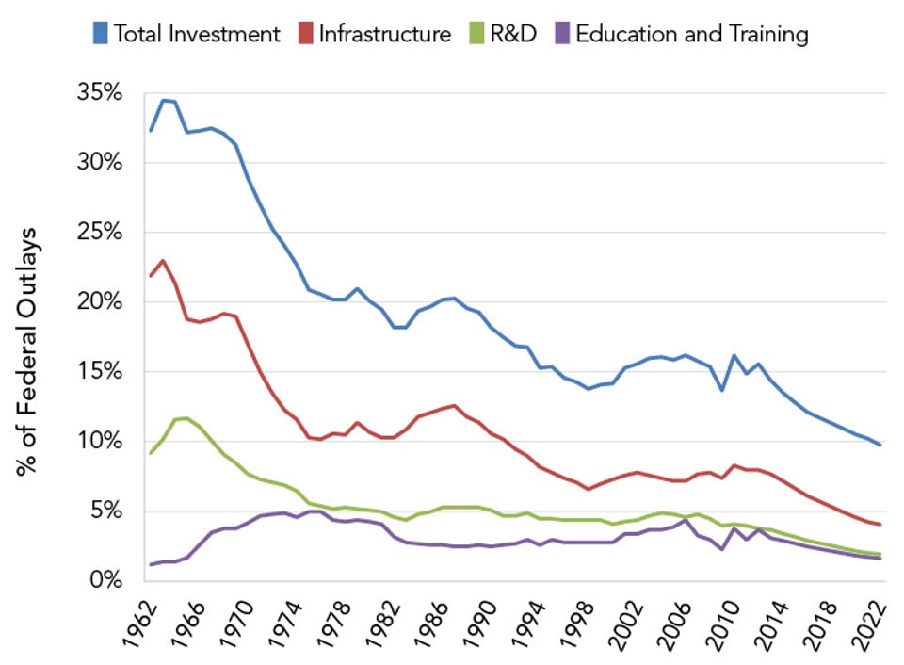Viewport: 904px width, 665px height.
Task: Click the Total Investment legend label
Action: coord(197,35)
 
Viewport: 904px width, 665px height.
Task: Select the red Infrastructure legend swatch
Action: coord(304,35)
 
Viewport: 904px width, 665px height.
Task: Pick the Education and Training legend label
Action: coord(692,35)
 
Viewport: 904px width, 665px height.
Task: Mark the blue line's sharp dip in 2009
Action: coord(721,390)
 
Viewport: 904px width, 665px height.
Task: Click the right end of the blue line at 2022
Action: coord(880,445)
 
